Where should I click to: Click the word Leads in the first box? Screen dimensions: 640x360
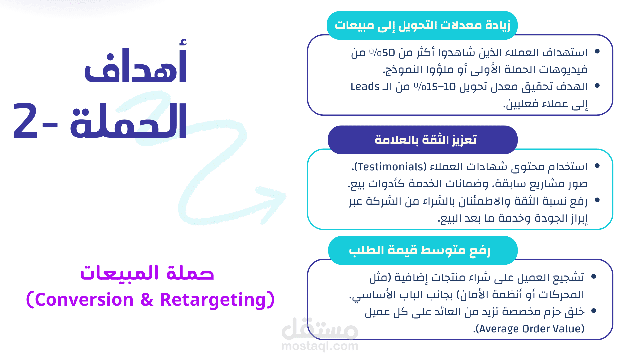pyautogui.click(x=365, y=87)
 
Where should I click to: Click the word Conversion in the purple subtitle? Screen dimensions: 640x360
pyautogui.click(x=84, y=299)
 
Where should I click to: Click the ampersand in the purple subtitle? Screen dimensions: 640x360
pyautogui.click(x=147, y=299)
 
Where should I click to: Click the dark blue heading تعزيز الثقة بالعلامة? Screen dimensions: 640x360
pyautogui.click(x=426, y=140)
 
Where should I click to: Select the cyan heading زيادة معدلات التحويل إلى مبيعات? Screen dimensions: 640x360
pyautogui.click(x=423, y=25)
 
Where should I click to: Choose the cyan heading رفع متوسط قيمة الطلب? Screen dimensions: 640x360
pyautogui.click(x=420, y=250)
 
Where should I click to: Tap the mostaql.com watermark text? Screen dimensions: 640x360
pyautogui.click(x=320, y=346)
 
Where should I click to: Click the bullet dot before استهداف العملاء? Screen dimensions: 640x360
pyautogui.click(x=597, y=51)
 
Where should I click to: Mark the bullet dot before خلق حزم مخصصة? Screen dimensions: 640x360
pyautogui.click(x=594, y=311)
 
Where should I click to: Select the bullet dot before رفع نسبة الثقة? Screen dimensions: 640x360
pyautogui.click(x=597, y=200)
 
